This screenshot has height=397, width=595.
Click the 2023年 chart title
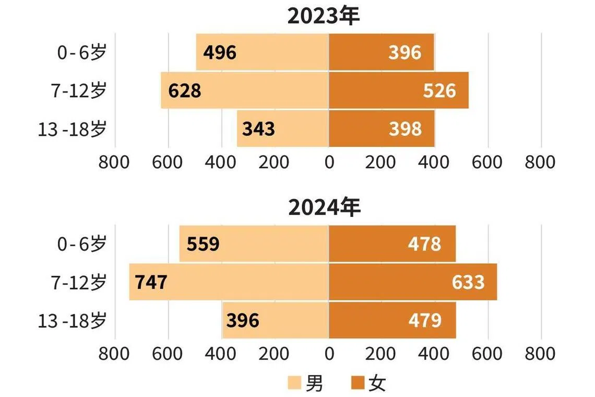pos(324,16)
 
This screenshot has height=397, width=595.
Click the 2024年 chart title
pos(324,208)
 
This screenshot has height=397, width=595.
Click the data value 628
pos(185,90)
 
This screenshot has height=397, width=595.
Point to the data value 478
pos(425,244)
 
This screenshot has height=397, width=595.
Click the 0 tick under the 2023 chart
pos(329,162)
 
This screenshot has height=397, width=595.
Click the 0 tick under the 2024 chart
pos(329,354)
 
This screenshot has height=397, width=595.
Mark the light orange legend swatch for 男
pos(295,384)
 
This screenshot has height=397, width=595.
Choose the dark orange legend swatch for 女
pos(358,384)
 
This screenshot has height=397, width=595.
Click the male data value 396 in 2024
pos(243,320)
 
